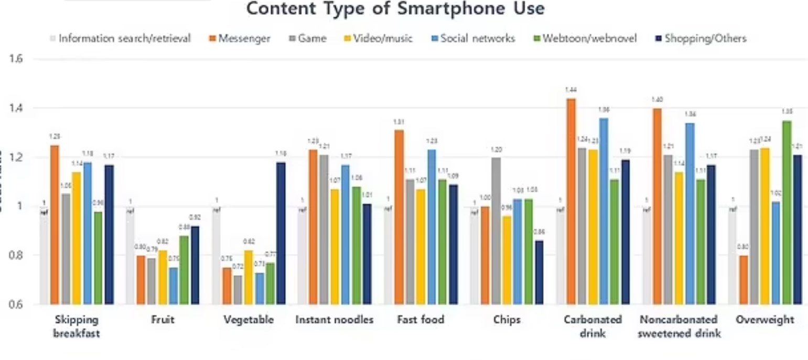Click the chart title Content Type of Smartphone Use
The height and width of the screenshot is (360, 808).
[395, 9]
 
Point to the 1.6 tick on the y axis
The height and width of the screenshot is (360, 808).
[17, 59]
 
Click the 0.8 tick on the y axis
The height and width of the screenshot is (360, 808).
[17, 255]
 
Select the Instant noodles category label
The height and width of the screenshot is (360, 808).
[335, 320]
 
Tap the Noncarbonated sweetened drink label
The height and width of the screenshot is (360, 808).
[679, 326]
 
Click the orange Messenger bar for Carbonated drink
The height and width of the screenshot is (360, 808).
[571, 201]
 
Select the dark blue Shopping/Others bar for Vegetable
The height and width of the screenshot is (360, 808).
[281, 233]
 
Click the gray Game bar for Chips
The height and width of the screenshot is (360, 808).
[496, 231]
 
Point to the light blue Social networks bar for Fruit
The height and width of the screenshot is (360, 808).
[174, 286]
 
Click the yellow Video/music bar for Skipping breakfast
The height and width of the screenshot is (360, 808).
[77, 238]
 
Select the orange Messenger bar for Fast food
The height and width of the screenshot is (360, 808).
[399, 217]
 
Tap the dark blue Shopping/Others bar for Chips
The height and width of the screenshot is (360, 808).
[538, 272]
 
